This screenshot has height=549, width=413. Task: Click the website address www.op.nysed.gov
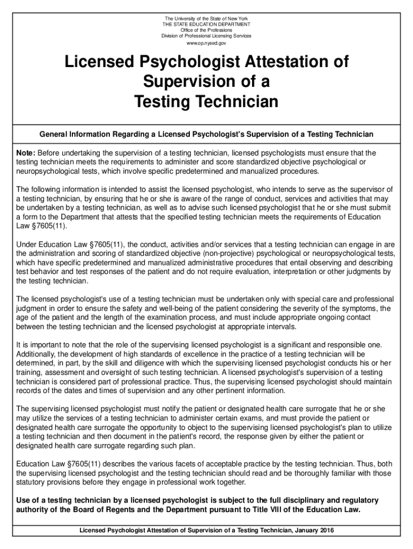point(206,42)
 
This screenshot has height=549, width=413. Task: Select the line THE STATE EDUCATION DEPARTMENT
point(206,24)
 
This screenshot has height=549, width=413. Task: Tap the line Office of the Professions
point(206,30)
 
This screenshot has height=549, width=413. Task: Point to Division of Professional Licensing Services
point(206,36)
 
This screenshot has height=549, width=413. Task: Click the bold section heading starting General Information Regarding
point(206,133)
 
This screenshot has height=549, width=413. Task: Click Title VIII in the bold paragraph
point(278,509)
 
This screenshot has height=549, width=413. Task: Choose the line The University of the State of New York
point(206,18)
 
